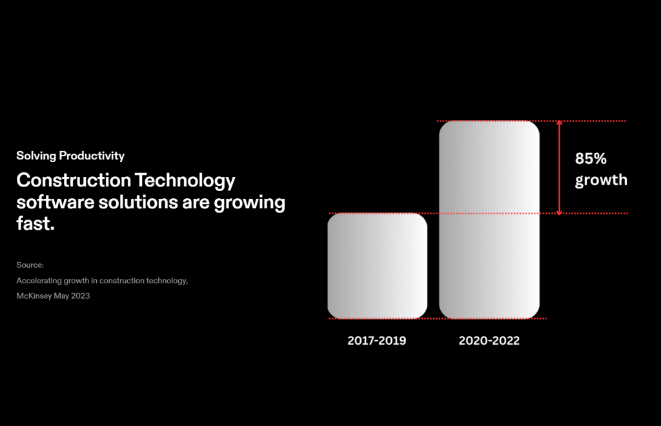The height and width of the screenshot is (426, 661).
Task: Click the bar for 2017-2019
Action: coord(377,266)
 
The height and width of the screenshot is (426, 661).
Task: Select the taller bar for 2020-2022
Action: coord(489,219)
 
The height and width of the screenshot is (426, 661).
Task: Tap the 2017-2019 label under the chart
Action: coord(377,340)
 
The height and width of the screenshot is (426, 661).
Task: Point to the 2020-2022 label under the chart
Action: coord(489,340)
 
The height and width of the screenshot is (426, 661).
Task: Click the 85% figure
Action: coord(591,158)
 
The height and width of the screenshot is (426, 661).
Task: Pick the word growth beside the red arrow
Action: coord(601,180)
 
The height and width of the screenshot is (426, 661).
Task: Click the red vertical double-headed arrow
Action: coord(560,168)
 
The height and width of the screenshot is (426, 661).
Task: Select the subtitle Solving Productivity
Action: coord(70,156)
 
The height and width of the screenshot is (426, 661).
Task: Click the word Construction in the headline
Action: coord(74,180)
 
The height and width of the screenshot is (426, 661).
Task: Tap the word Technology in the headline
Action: coord(185,181)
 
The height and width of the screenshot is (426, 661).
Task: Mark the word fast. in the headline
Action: coord(36,223)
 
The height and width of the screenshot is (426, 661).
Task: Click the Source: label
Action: coord(30,265)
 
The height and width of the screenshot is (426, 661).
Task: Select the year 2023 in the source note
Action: coord(80,296)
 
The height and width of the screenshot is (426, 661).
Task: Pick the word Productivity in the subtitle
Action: coord(92,156)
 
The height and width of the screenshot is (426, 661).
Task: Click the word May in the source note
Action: coord(61,296)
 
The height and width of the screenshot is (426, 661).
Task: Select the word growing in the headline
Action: coord(250,203)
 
